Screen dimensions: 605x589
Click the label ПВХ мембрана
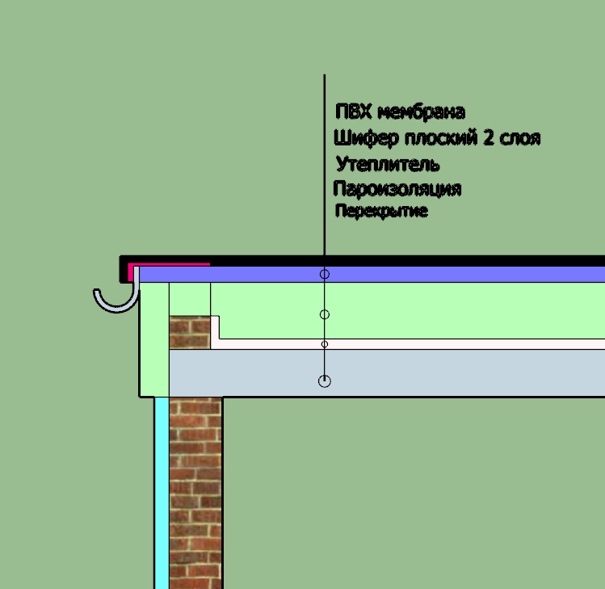[x=400, y=112]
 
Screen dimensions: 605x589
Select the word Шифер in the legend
[x=366, y=138]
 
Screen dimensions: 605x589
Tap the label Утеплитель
[x=388, y=164]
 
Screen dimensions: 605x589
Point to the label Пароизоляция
[x=397, y=189]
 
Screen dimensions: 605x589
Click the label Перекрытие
[x=381, y=211]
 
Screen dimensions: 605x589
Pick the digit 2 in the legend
[x=489, y=138]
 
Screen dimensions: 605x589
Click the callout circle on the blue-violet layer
[x=325, y=274]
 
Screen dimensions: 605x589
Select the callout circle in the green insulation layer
[x=325, y=314]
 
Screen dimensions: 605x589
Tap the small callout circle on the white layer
[x=325, y=344]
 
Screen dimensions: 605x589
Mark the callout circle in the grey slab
[x=325, y=381]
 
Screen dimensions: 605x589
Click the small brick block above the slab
[x=190, y=332]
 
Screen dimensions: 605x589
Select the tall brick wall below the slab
[x=196, y=493]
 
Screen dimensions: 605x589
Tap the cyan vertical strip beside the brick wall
[x=162, y=493]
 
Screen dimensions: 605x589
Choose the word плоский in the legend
[x=441, y=138]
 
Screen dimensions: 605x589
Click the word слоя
[x=520, y=139]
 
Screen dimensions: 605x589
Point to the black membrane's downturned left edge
[x=124, y=269]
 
